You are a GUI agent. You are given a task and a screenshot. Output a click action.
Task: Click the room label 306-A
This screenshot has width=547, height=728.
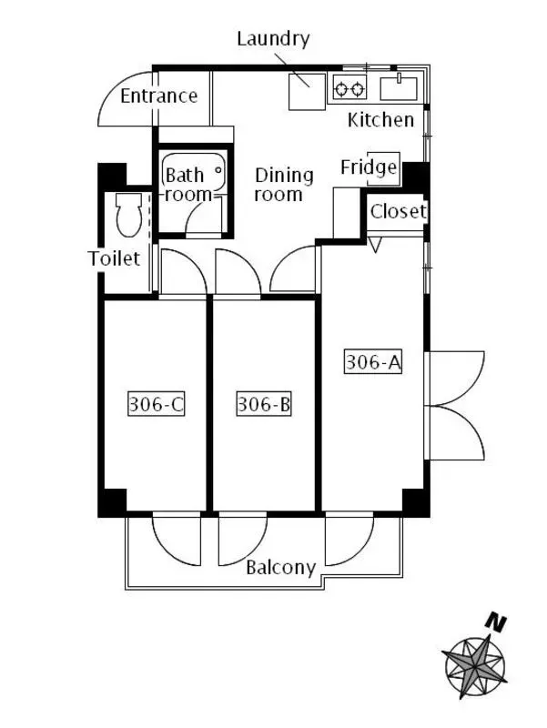pos(373,362)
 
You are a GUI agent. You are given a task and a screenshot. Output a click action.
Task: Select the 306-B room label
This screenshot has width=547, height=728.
pos(264,404)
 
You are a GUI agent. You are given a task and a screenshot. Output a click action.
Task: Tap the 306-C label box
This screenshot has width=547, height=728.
pos(156,404)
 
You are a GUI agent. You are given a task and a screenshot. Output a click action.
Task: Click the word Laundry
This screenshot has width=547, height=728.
pos(273,39)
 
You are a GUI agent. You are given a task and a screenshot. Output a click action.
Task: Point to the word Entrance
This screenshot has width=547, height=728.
pos(158,96)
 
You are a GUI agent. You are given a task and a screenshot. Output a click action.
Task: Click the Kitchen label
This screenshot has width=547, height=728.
pos(380,120)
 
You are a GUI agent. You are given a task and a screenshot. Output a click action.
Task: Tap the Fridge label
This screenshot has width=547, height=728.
pos(369,168)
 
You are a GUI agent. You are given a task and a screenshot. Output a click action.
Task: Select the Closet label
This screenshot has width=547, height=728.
pos(399,212)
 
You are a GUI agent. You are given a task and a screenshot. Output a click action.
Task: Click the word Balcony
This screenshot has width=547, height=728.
pos(281,568)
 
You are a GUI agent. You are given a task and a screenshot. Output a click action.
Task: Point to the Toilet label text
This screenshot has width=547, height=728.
pos(114,258)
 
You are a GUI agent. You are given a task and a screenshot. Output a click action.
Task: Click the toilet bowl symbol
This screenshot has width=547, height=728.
pos(128,215)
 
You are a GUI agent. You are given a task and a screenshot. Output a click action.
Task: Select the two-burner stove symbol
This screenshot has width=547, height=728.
pos(349,88)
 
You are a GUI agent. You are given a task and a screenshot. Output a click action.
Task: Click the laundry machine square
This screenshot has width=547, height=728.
pos(307,92)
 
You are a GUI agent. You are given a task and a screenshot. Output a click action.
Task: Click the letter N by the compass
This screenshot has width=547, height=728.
pos(496,622)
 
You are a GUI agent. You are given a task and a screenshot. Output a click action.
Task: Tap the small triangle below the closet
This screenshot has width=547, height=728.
pos(375,245)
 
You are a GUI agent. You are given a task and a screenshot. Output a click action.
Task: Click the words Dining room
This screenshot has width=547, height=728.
pos(284,185)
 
